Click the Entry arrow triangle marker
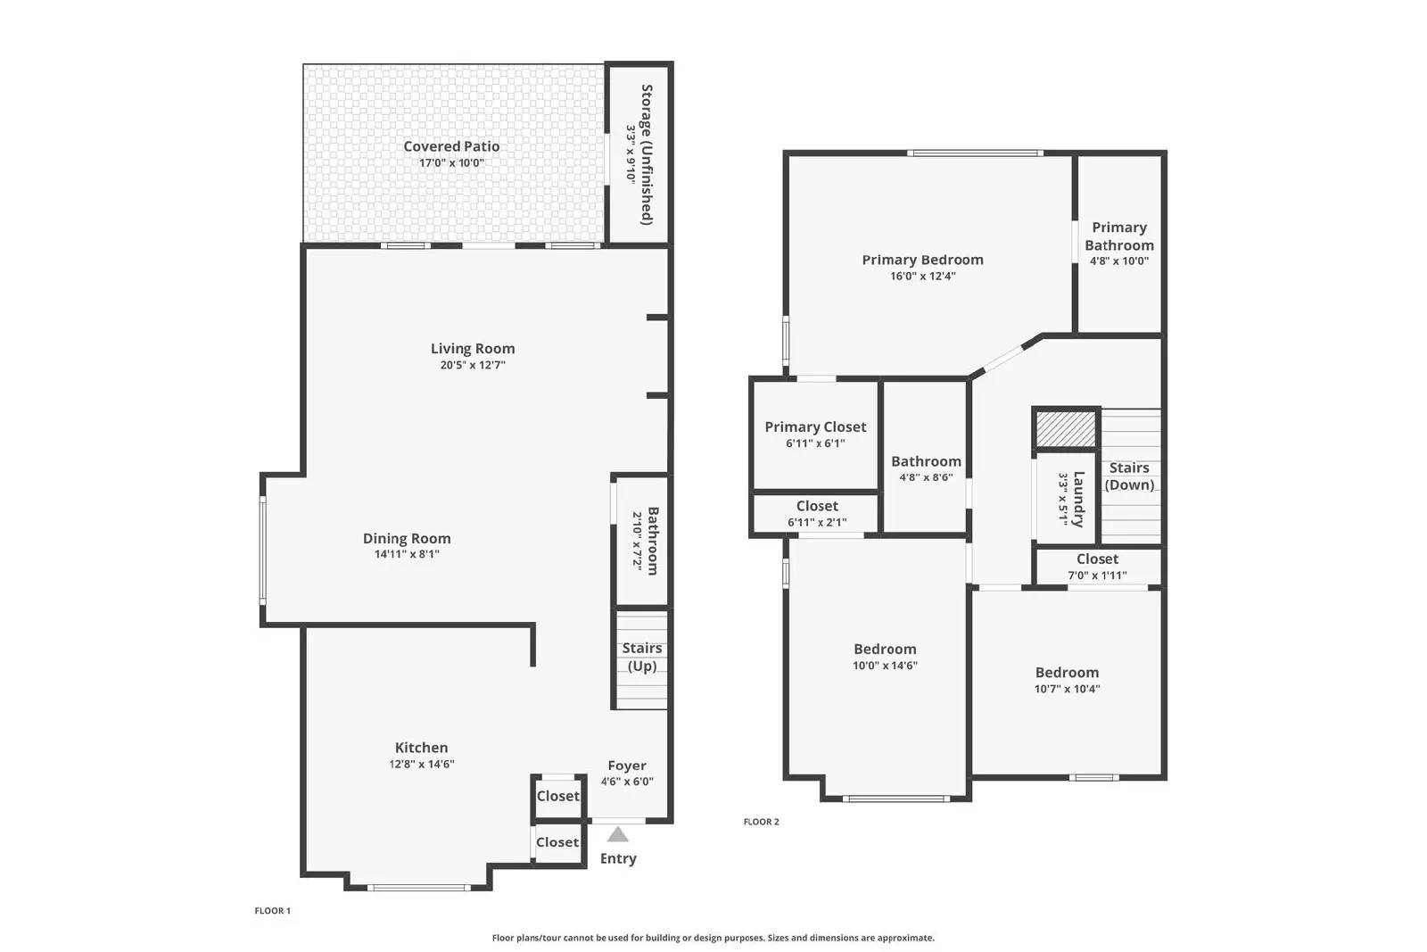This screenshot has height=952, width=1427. [618, 835]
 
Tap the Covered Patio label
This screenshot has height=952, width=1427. [451, 146]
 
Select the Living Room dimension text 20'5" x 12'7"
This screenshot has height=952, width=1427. [473, 365]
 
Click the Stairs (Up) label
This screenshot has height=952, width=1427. [642, 658]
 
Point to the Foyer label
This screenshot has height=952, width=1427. [627, 766]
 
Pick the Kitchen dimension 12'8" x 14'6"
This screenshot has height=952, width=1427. [422, 764]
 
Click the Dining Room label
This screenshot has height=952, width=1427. [407, 538]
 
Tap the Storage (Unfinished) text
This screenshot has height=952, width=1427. [647, 154]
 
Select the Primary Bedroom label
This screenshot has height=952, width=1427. [922, 260]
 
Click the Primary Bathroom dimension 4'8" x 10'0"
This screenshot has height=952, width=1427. [1118, 261]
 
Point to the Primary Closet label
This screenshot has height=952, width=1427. [815, 426]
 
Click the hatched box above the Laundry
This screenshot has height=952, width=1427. [1066, 429]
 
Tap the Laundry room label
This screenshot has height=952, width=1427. [1077, 500]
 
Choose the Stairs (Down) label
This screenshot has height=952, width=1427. [1129, 476]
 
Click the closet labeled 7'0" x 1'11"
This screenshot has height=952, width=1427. [1097, 567]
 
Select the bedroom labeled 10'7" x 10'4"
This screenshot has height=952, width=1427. [1067, 680]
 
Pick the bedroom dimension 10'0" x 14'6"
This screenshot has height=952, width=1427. [885, 666]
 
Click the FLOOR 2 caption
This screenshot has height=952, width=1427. [761, 822]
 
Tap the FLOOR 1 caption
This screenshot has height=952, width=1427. [272, 911]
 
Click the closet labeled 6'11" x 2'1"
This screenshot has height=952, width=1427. [817, 514]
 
